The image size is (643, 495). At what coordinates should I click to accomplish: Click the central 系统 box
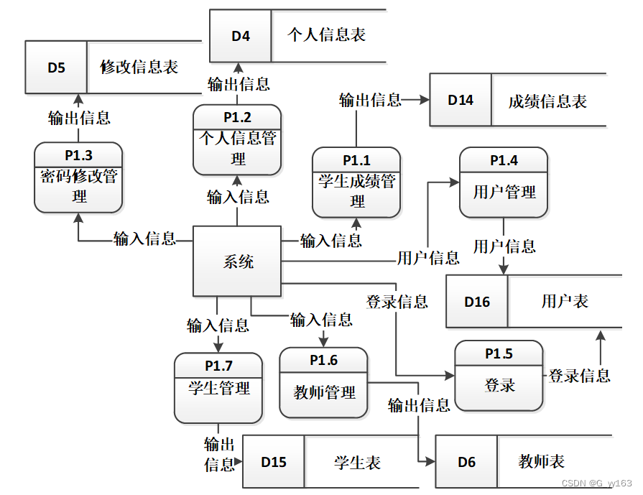click(237, 262)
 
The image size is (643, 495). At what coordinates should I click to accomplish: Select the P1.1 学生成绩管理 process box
click(356, 182)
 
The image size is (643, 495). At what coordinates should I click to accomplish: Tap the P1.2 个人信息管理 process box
click(237, 140)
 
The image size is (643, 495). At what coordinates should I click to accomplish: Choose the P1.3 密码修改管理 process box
click(78, 177)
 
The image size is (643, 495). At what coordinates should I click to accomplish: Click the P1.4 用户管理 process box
click(504, 183)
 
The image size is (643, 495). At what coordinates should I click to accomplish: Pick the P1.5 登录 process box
click(499, 376)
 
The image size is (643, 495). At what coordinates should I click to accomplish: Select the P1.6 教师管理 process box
click(323, 383)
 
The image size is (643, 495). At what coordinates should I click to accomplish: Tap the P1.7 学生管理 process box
click(218, 388)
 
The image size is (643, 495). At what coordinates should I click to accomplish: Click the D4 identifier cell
click(241, 36)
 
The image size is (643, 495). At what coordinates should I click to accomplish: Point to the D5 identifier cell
click(56, 68)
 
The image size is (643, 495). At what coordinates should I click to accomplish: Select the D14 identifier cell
click(461, 100)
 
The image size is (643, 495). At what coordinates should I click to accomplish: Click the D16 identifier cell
click(477, 302)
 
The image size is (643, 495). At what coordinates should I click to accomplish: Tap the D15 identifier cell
click(274, 462)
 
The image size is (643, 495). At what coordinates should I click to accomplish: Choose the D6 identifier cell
click(466, 462)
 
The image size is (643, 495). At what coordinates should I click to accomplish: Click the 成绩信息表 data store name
click(547, 101)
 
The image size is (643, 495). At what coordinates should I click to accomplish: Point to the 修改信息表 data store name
click(139, 68)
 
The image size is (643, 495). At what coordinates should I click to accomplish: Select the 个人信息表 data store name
click(327, 35)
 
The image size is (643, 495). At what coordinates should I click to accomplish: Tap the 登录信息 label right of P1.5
click(579, 376)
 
